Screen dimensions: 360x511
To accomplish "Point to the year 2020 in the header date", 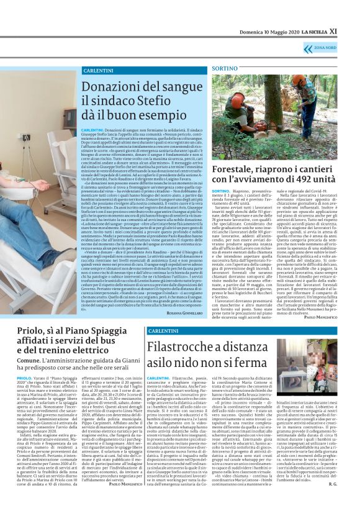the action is [x=289, y=30].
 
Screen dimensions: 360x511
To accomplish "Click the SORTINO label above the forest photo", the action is [x=225, y=67].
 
